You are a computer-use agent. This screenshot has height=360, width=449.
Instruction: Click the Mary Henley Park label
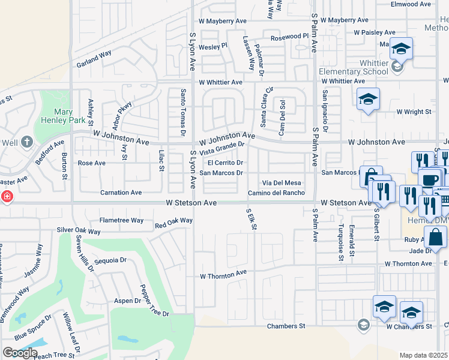click(x=63, y=116)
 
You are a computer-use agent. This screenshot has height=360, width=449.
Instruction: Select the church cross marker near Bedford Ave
click(x=26, y=142)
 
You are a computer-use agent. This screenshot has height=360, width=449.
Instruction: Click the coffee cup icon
click(x=429, y=179)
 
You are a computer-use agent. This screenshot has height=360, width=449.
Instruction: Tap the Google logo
click(x=20, y=353)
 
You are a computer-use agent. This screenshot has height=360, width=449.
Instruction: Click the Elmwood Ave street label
click(x=411, y=4)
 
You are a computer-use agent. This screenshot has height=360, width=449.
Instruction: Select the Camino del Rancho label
click(x=276, y=193)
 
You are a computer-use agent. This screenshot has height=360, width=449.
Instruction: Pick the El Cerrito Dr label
click(x=225, y=163)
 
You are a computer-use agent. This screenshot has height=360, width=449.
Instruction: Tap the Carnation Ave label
click(x=121, y=193)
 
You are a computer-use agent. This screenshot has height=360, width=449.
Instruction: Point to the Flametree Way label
click(x=121, y=220)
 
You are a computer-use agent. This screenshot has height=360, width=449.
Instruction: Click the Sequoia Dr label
click(x=110, y=260)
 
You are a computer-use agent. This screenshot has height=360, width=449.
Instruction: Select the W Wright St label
click(x=413, y=112)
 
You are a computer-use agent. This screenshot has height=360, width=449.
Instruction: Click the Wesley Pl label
click(x=214, y=45)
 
